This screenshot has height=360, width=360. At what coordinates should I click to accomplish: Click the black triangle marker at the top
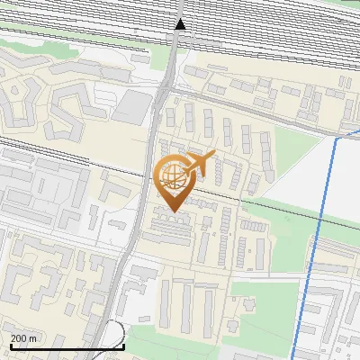point(181,24)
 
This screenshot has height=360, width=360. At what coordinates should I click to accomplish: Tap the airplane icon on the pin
point(200,163)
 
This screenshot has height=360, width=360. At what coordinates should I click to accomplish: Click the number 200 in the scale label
point(19,338)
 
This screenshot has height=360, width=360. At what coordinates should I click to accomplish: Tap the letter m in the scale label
point(33,338)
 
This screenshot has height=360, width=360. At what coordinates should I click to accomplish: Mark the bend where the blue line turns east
point(338,138)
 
